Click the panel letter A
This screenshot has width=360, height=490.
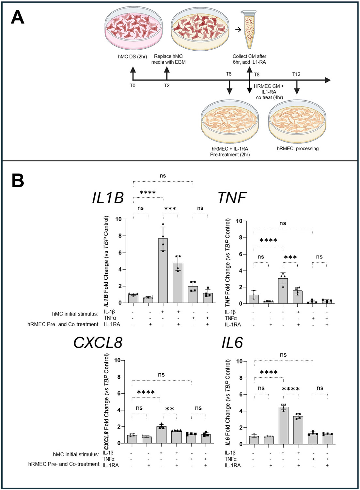tap(18, 17)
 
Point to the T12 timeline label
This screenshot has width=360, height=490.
tap(296, 74)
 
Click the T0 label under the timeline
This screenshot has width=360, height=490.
tap(133, 86)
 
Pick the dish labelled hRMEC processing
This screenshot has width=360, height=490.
tap(297, 121)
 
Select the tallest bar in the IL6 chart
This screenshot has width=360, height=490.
tap(283, 425)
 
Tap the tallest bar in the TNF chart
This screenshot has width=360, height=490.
tap(283, 291)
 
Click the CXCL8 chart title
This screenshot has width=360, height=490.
tap(98, 343)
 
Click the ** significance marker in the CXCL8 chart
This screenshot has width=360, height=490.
tap(170, 409)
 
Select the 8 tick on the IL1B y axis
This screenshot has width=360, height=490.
tap(120, 236)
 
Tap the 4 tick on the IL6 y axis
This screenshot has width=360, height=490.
tap(241, 411)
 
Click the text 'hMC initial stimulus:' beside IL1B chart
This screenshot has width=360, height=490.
tap(75, 314)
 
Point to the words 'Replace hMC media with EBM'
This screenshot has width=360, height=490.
tap(168, 59)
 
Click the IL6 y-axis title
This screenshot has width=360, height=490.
tap(228, 402)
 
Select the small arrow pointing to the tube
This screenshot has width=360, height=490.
tap(238, 30)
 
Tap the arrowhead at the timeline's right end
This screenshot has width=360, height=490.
tap(327, 80)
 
